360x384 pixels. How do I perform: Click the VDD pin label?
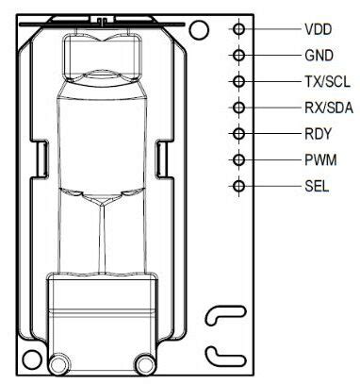click(x=318, y=29)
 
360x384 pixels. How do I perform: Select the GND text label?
click(x=319, y=56)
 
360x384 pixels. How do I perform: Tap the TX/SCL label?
click(x=327, y=82)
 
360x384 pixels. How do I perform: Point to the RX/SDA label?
click(x=329, y=108)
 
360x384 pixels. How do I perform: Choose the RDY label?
click(x=318, y=134)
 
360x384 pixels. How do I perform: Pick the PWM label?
click(x=320, y=160)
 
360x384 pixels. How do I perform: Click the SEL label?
click(x=317, y=186)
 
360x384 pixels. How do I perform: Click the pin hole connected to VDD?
click(x=239, y=29)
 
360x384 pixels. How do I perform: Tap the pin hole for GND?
click(x=239, y=56)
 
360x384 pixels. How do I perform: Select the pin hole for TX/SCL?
click(x=239, y=81)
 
